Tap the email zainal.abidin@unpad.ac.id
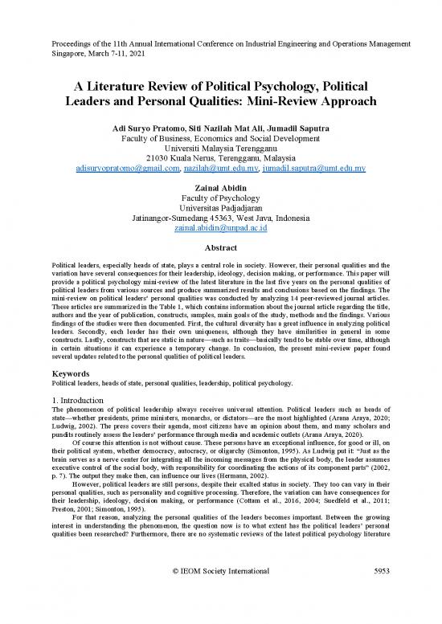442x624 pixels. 220,229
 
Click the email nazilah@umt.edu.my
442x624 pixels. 221,170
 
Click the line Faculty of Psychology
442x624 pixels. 220,199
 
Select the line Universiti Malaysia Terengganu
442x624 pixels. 220,149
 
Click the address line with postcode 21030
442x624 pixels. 220,159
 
